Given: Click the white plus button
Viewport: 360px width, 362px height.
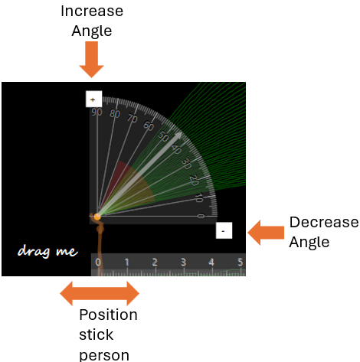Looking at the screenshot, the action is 93,99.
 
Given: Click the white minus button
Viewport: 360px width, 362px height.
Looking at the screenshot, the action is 224,230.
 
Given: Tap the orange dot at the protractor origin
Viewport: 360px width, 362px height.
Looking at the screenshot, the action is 97,217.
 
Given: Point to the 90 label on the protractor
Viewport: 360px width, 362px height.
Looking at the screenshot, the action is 97,112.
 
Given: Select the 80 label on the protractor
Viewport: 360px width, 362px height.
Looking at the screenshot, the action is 115,114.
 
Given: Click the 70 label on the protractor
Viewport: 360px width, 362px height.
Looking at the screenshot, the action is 133,119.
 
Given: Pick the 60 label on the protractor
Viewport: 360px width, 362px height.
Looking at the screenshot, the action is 149,126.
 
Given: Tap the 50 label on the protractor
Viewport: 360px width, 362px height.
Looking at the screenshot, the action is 163,136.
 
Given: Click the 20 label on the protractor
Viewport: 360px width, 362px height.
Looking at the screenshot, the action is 195,180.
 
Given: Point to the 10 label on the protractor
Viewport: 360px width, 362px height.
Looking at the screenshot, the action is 199,197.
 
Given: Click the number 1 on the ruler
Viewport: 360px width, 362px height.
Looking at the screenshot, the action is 126,263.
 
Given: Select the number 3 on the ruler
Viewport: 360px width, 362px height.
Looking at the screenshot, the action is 183,263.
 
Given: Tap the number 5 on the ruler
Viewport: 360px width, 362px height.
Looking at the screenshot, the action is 240,263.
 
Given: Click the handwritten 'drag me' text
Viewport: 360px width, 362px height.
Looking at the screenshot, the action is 47,251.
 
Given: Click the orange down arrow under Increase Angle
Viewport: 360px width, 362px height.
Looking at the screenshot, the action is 91,60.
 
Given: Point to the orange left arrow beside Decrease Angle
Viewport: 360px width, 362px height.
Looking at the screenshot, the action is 266,233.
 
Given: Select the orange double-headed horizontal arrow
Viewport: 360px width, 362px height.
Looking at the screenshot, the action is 100,293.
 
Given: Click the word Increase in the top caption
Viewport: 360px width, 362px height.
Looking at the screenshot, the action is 92,11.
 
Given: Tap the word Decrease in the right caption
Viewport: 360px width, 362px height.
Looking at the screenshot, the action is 324,222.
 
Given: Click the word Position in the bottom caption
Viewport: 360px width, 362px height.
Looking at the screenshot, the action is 108,315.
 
